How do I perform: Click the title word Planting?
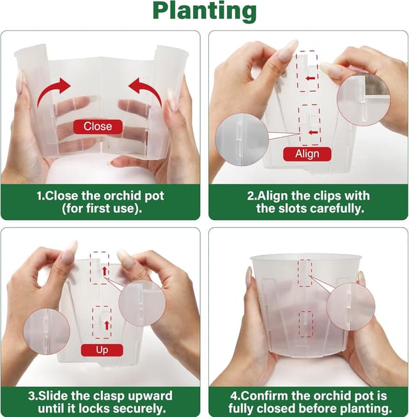point(204,11)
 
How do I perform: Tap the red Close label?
point(97,126)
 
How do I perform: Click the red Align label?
point(307,154)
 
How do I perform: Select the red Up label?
point(102,349)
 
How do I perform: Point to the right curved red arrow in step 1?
point(144,91)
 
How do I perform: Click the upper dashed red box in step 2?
point(308,71)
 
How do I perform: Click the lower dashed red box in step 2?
point(309,125)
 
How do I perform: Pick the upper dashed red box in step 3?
point(99,268)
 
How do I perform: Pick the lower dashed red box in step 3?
point(100,322)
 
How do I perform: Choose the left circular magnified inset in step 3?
point(47,332)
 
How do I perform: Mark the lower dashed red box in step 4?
point(306,324)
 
